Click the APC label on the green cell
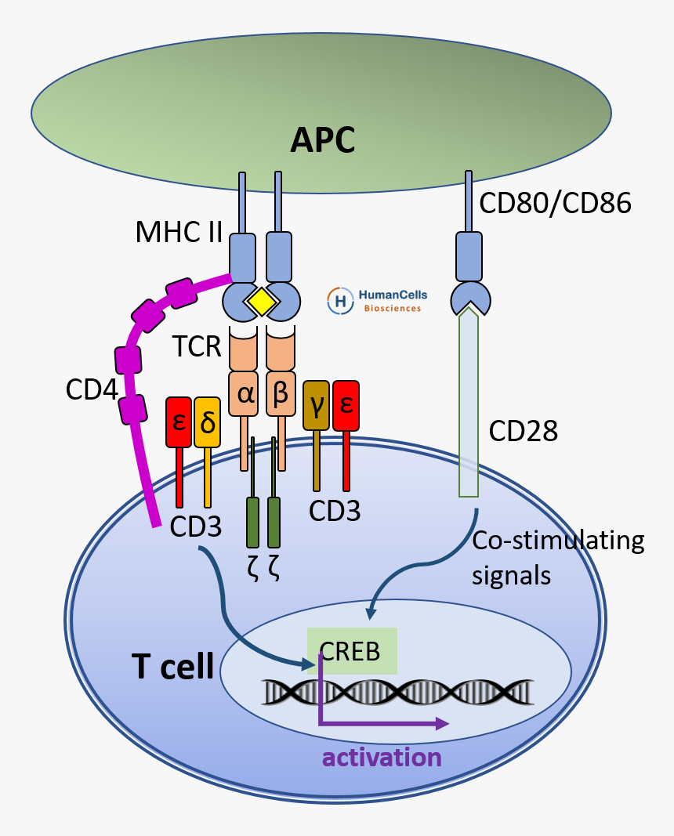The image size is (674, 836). pyautogui.click(x=322, y=140)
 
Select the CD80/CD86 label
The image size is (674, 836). pyautogui.click(x=555, y=204)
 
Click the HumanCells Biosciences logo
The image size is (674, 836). pyautogui.click(x=374, y=300)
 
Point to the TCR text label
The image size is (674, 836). pyautogui.click(x=198, y=346)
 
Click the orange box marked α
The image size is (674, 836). pyautogui.click(x=245, y=394)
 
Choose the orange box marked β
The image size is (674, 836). pyautogui.click(x=281, y=394)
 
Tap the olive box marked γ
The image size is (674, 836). pyautogui.click(x=317, y=405)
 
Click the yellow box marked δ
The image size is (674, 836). pyautogui.click(x=208, y=422)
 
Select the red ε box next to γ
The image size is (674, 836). pyautogui.click(x=346, y=405)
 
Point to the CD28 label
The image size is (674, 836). pyautogui.click(x=523, y=429)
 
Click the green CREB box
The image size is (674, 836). pyautogui.click(x=352, y=650)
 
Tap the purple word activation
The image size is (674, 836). pyautogui.click(x=382, y=758)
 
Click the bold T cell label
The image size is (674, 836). pyautogui.click(x=172, y=667)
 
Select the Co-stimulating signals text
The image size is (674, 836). pyautogui.click(x=558, y=557)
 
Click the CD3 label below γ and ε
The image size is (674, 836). pyautogui.click(x=335, y=511)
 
